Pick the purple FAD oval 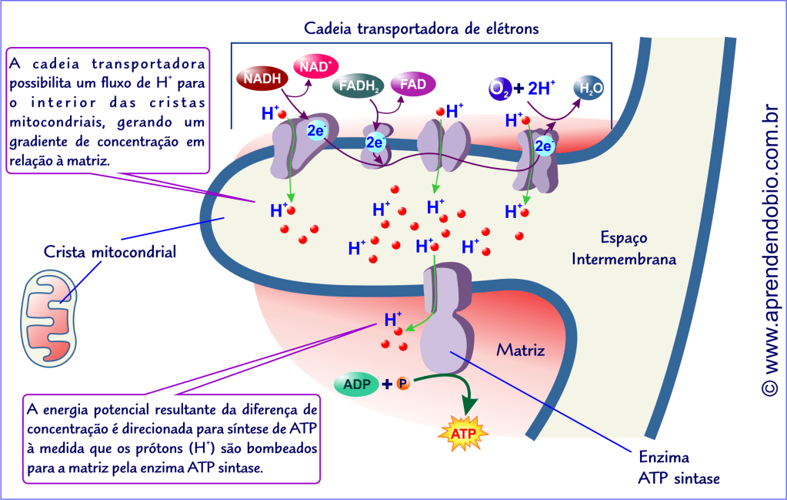(x=413, y=83)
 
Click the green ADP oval (x=356, y=383)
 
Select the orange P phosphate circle (x=404, y=383)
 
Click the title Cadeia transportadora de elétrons (x=421, y=29)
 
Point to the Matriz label (x=520, y=351)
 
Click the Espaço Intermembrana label (x=623, y=248)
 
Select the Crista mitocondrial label (x=110, y=252)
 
